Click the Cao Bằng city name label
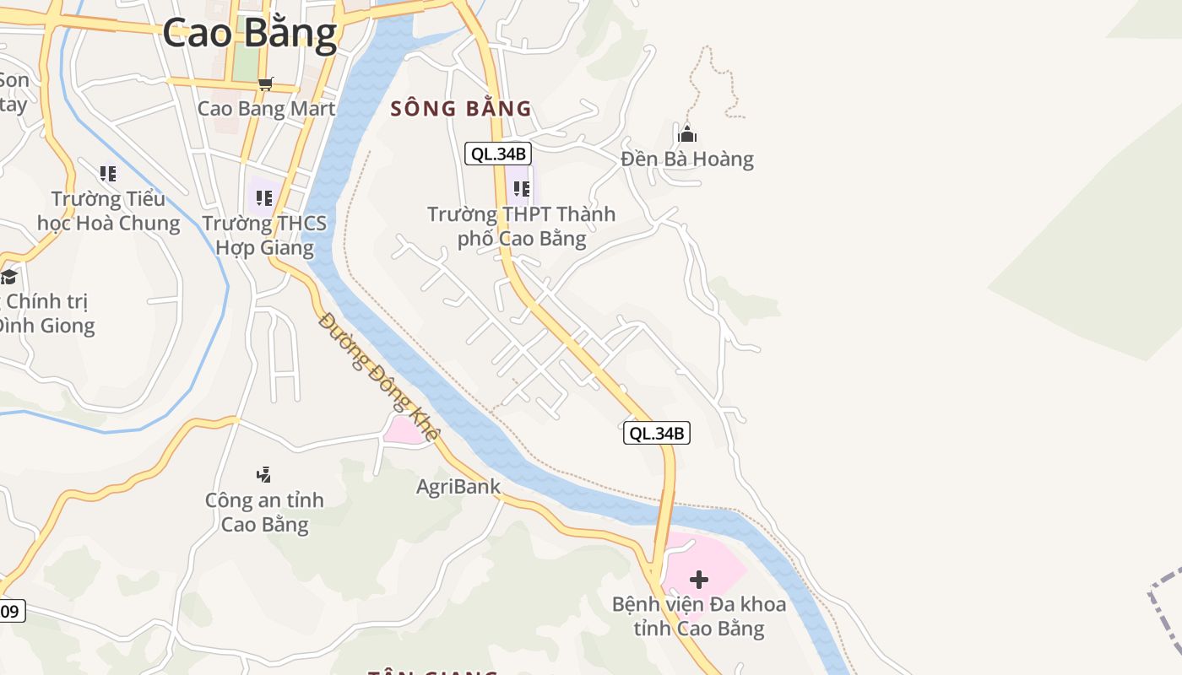[x=249, y=34]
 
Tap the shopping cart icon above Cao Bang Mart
[x=266, y=84]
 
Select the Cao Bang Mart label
[x=266, y=109]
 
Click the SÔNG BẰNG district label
[x=461, y=109]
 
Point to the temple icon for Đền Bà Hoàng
[x=687, y=134]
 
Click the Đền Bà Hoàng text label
[x=687, y=159]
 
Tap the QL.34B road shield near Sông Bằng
[x=498, y=154]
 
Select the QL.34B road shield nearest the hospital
[x=657, y=433]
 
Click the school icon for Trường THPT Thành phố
[x=521, y=189]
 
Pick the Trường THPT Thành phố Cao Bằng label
[x=521, y=226]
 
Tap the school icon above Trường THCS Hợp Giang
[x=264, y=198]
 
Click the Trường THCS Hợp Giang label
[x=264, y=235]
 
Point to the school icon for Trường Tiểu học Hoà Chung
[x=108, y=174]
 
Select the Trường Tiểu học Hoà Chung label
[x=108, y=211]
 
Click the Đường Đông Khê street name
[x=380, y=377]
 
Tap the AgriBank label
[x=458, y=487]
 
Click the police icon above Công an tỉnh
[x=264, y=475]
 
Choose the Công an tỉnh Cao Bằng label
[x=264, y=512]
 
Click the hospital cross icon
[x=699, y=580]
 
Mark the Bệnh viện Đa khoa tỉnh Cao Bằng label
[x=699, y=617]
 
